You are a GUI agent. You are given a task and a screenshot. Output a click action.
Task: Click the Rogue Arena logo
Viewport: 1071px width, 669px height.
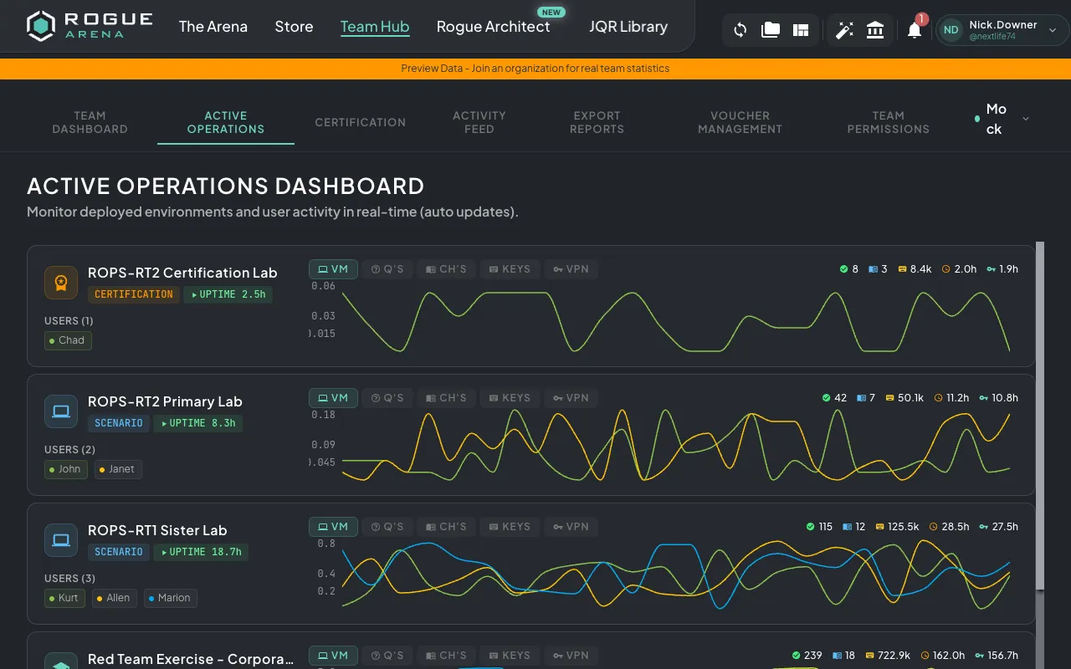[x=90, y=26]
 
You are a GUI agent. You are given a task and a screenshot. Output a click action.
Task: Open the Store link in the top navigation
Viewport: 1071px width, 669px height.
[x=294, y=27]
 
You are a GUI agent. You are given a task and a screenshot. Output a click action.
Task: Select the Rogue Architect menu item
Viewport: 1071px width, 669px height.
[x=493, y=27]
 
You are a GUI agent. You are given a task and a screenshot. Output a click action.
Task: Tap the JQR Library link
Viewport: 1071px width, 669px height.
[x=628, y=27]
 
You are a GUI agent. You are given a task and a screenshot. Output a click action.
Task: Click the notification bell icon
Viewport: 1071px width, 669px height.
[x=915, y=31]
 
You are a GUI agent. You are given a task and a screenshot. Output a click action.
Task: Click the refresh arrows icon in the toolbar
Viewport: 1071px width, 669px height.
[x=740, y=31]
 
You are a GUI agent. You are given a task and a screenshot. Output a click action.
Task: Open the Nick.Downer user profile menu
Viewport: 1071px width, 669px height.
[x=1002, y=30]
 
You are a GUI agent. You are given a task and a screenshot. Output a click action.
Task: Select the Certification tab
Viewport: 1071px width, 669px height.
[x=360, y=122]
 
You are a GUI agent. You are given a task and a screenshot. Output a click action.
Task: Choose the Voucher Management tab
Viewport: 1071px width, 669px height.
[x=740, y=122]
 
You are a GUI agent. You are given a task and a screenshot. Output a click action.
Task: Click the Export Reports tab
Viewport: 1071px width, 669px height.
[x=597, y=122]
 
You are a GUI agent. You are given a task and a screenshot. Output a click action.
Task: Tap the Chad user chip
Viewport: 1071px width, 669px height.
[x=68, y=340]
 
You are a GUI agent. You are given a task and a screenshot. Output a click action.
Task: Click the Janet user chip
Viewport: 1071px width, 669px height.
[x=118, y=469]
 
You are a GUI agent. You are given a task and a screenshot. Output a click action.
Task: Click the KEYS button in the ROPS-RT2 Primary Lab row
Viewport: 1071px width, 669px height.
[x=510, y=398]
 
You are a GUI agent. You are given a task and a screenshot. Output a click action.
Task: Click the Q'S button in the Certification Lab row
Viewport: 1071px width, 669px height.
[x=388, y=269]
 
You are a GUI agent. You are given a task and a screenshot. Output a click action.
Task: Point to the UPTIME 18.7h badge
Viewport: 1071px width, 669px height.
[x=201, y=552]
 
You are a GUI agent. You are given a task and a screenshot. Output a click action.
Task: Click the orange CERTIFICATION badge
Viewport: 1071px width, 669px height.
[x=133, y=294]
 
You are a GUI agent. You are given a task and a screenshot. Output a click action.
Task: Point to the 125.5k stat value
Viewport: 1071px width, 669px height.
[x=902, y=527]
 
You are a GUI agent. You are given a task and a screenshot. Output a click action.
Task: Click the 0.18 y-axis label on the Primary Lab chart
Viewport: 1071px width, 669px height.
[x=323, y=415]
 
